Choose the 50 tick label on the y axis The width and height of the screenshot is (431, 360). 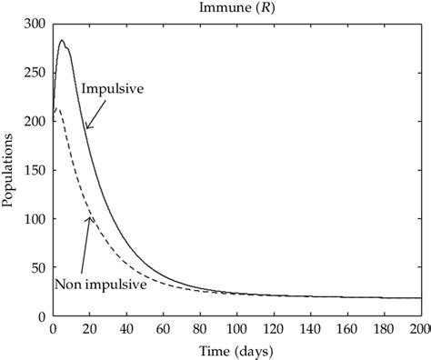37,268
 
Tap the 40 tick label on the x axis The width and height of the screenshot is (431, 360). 126,329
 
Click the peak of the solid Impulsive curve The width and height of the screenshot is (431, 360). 62,40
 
